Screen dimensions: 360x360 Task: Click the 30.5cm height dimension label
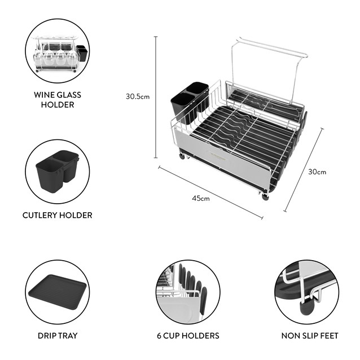tap(137, 96)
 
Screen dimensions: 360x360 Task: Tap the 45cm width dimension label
tap(201, 198)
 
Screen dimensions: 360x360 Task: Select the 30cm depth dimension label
tap(318, 172)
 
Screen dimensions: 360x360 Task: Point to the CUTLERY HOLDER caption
tap(57, 215)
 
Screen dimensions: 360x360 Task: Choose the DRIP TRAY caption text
tap(57, 336)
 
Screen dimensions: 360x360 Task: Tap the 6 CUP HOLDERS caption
tap(187, 336)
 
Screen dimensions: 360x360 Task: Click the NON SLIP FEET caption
tap(310, 336)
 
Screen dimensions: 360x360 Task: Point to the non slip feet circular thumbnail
tap(306, 291)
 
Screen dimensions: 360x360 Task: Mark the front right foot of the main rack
tap(265, 196)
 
